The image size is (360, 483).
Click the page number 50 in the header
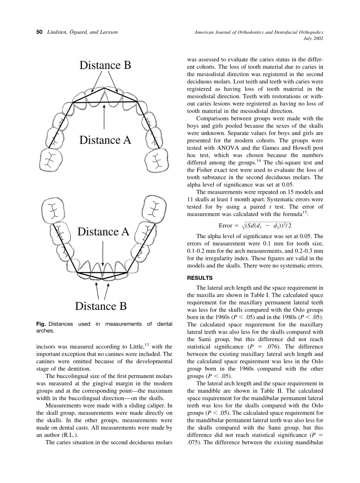point(39,32)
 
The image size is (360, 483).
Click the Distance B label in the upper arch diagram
point(105,65)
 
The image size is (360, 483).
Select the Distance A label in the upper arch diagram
point(105,140)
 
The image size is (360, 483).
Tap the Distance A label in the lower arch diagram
point(103,232)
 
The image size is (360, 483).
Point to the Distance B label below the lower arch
point(101,306)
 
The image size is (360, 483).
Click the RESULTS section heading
point(200,278)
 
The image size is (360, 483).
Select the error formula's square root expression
point(269,226)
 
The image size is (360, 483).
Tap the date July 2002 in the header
point(313,38)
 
